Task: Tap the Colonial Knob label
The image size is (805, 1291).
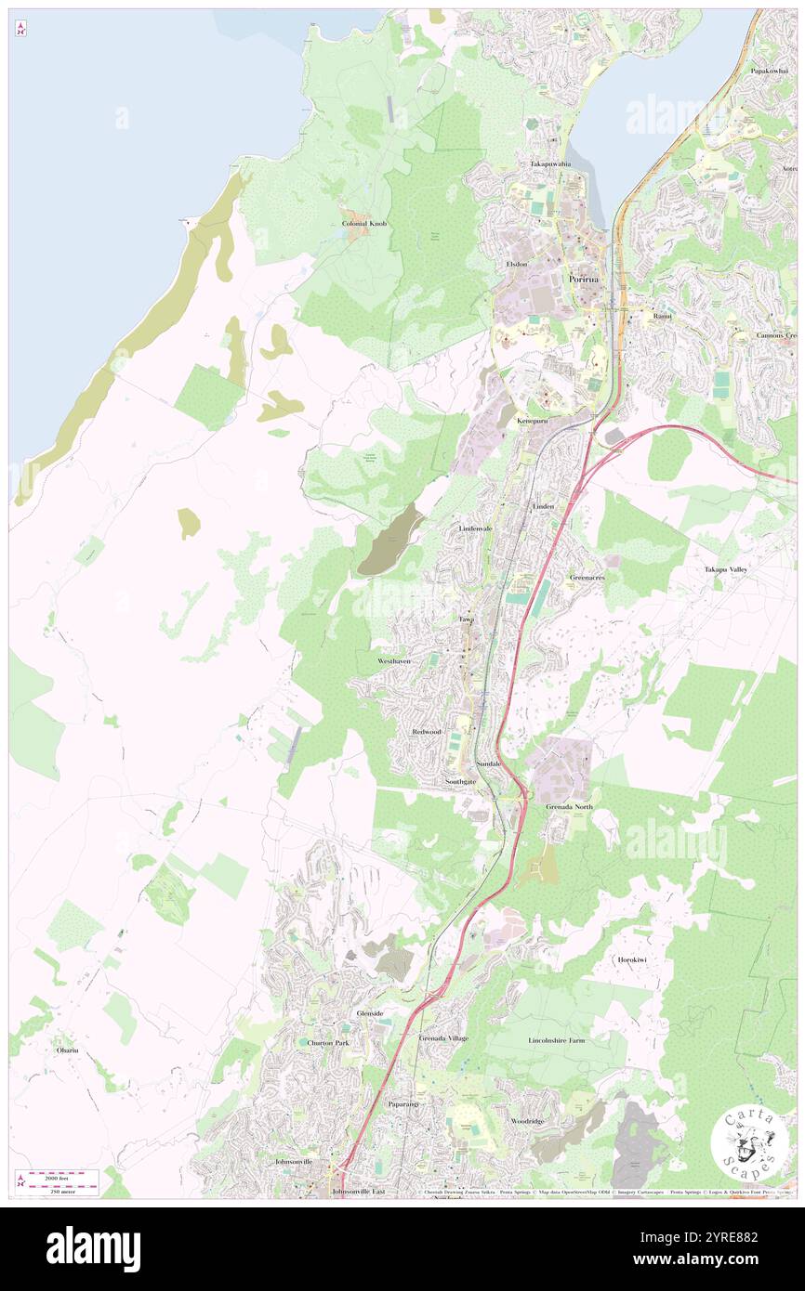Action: click(364, 225)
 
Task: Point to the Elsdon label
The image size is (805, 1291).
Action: click(517, 264)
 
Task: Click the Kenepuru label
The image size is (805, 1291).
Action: click(534, 421)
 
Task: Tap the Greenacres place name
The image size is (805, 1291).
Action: click(587, 577)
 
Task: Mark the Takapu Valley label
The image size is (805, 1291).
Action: click(726, 568)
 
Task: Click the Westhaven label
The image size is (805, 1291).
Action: click(394, 659)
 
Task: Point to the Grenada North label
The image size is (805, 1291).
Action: click(569, 806)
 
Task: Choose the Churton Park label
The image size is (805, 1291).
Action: click(328, 1043)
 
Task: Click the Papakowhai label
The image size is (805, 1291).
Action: click(770, 71)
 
